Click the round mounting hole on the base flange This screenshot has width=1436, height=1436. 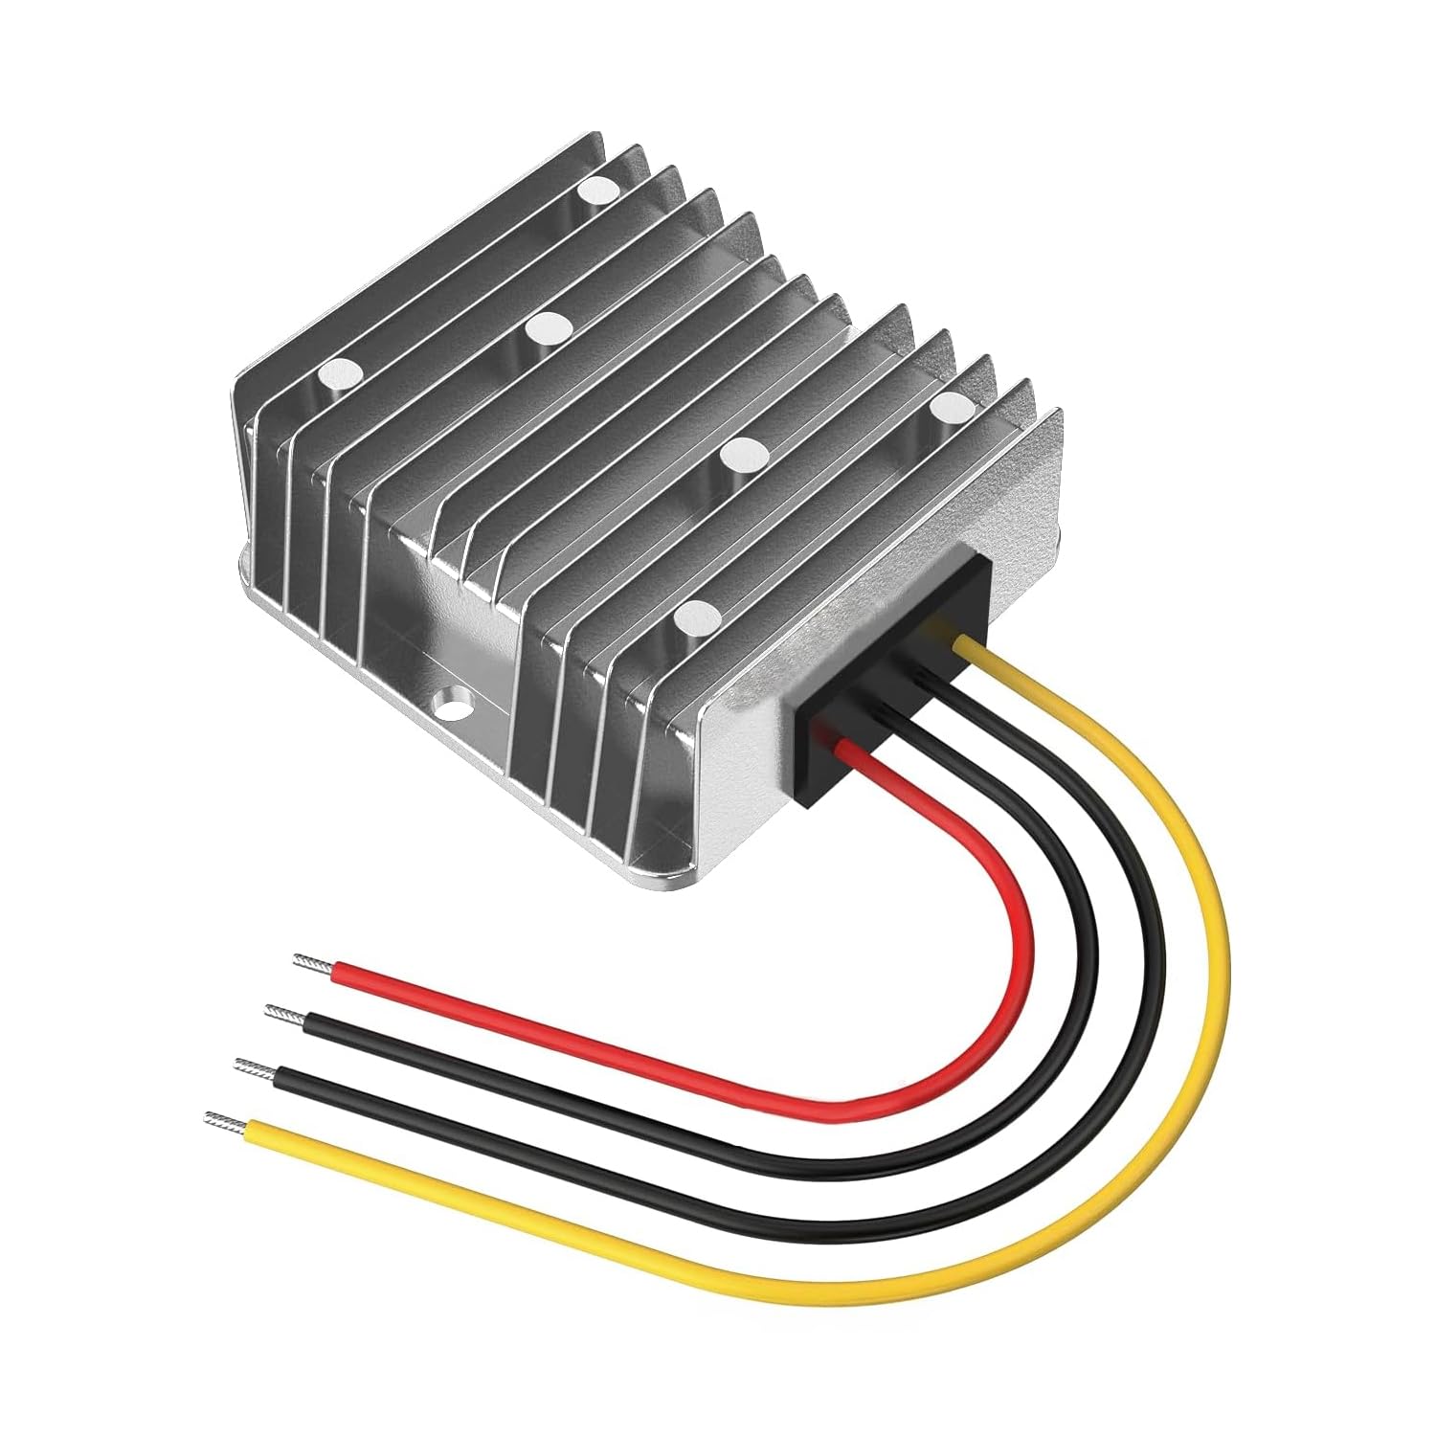click(449, 707)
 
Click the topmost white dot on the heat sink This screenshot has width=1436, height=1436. click(600, 189)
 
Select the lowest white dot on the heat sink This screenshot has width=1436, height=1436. click(696, 617)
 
